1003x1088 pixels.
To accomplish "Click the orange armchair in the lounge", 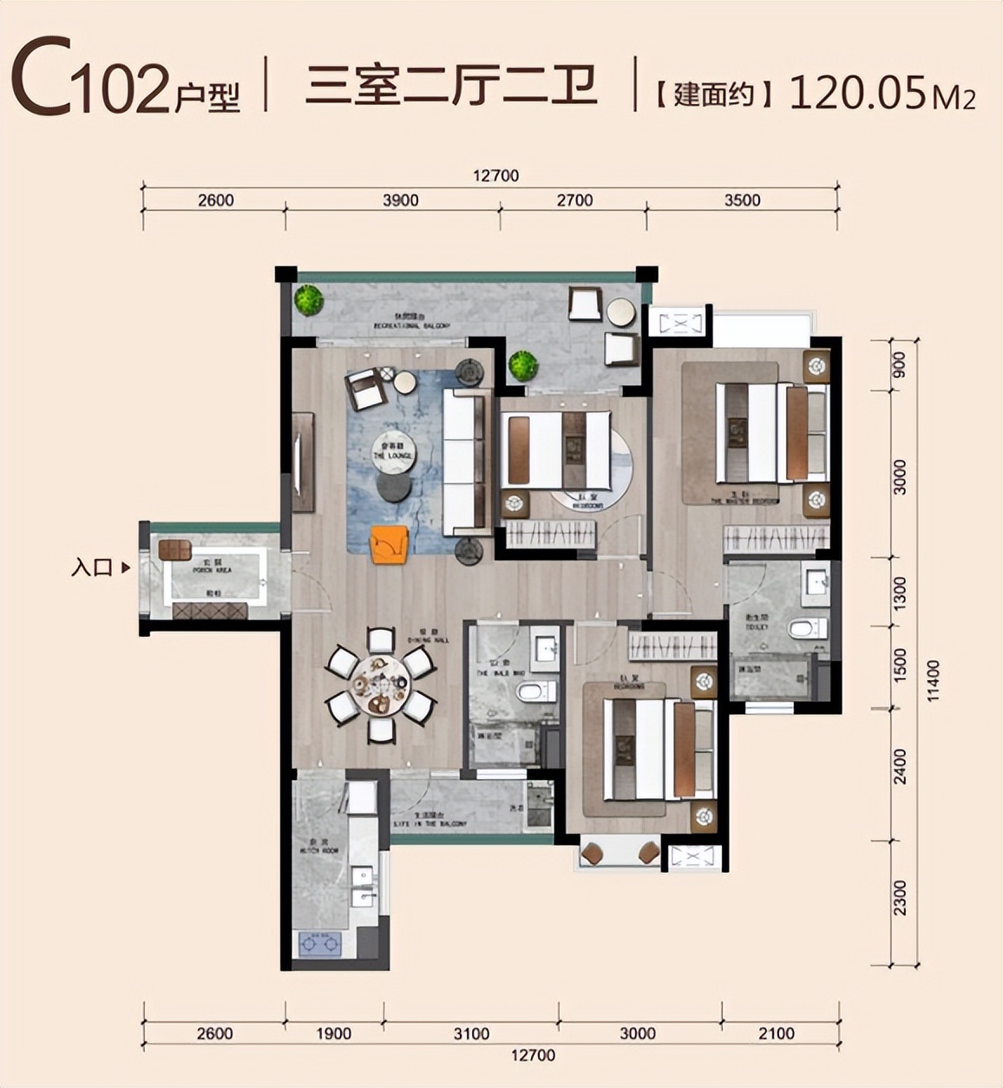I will click(x=389, y=544).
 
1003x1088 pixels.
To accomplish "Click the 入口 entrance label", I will click(x=92, y=568).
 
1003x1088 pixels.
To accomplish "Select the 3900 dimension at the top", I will click(x=400, y=200).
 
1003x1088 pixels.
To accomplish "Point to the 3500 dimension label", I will click(x=742, y=200).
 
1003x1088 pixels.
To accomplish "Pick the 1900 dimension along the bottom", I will click(x=333, y=1033).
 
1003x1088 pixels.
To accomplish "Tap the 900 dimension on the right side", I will click(x=899, y=364).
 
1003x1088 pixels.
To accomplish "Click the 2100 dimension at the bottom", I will click(x=776, y=1033).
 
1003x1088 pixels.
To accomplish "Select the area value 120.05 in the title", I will click(x=855, y=92).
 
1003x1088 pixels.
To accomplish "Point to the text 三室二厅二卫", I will click(x=451, y=87).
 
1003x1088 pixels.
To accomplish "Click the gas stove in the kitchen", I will click(x=320, y=942).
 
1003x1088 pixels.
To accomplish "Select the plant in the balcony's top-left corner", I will click(x=308, y=300).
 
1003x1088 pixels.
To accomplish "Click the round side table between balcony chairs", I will click(x=620, y=311).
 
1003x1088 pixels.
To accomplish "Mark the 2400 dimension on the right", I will click(x=901, y=766).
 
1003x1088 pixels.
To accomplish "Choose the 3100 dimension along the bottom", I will click(x=471, y=1033).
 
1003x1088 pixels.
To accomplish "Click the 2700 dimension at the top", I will click(x=574, y=200).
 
